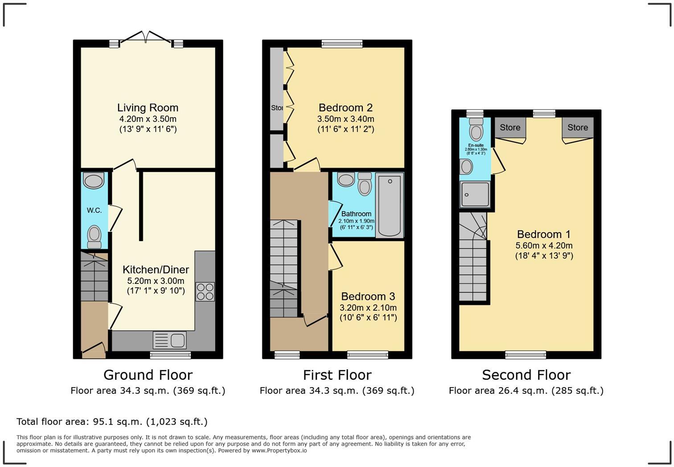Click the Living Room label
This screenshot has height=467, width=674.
pyautogui.click(x=148, y=108)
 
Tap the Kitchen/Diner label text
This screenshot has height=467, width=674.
pyautogui.click(x=156, y=270)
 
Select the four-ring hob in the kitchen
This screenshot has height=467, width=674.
pyautogui.click(x=205, y=291)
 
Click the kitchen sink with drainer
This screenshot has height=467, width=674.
pyautogui.click(x=169, y=340)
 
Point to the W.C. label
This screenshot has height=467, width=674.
pyautogui.click(x=94, y=210)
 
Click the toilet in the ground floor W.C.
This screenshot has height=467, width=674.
pyautogui.click(x=94, y=236)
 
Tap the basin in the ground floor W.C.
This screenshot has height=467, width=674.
pyautogui.click(x=94, y=181)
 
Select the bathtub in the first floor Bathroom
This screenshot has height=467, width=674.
pyautogui.click(x=390, y=205)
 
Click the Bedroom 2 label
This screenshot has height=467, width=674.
pyautogui.click(x=345, y=108)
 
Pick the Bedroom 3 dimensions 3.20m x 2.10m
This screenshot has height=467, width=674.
pyautogui.click(x=368, y=307)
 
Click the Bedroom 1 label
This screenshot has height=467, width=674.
pyautogui.click(x=543, y=234)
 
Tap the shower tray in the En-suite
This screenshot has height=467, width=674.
pyautogui.click(x=475, y=194)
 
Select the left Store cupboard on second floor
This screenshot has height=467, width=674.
pyautogui.click(x=510, y=128)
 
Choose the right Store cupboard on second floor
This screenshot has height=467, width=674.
pyautogui.click(x=577, y=128)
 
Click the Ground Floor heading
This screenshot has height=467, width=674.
pyautogui.click(x=148, y=375)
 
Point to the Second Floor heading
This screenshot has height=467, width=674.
pyautogui.click(x=526, y=375)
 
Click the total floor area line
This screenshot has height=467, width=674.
pyautogui.click(x=112, y=422)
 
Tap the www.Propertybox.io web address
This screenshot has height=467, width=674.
pyautogui.click(x=279, y=451)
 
